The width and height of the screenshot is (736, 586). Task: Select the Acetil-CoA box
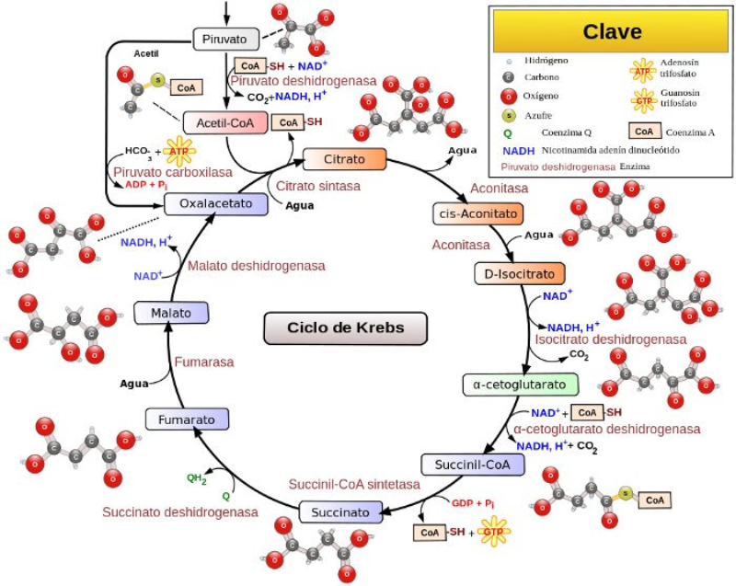224,122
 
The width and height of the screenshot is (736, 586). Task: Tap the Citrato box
346,159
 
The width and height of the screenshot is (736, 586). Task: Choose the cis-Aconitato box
477,213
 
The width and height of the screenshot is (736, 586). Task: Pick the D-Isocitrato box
519,273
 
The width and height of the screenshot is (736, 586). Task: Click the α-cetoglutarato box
521,384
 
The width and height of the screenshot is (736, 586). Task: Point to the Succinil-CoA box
472,464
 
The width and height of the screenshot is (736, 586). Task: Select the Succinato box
340,512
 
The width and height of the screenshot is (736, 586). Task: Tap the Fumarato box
187,419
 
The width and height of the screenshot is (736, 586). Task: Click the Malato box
171,313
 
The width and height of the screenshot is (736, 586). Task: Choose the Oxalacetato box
216,203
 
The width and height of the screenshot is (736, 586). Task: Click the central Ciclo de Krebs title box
333,327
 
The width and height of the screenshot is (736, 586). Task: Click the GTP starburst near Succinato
495,532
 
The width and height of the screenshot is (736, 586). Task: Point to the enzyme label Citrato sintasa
317,186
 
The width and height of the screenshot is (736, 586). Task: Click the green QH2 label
197,477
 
